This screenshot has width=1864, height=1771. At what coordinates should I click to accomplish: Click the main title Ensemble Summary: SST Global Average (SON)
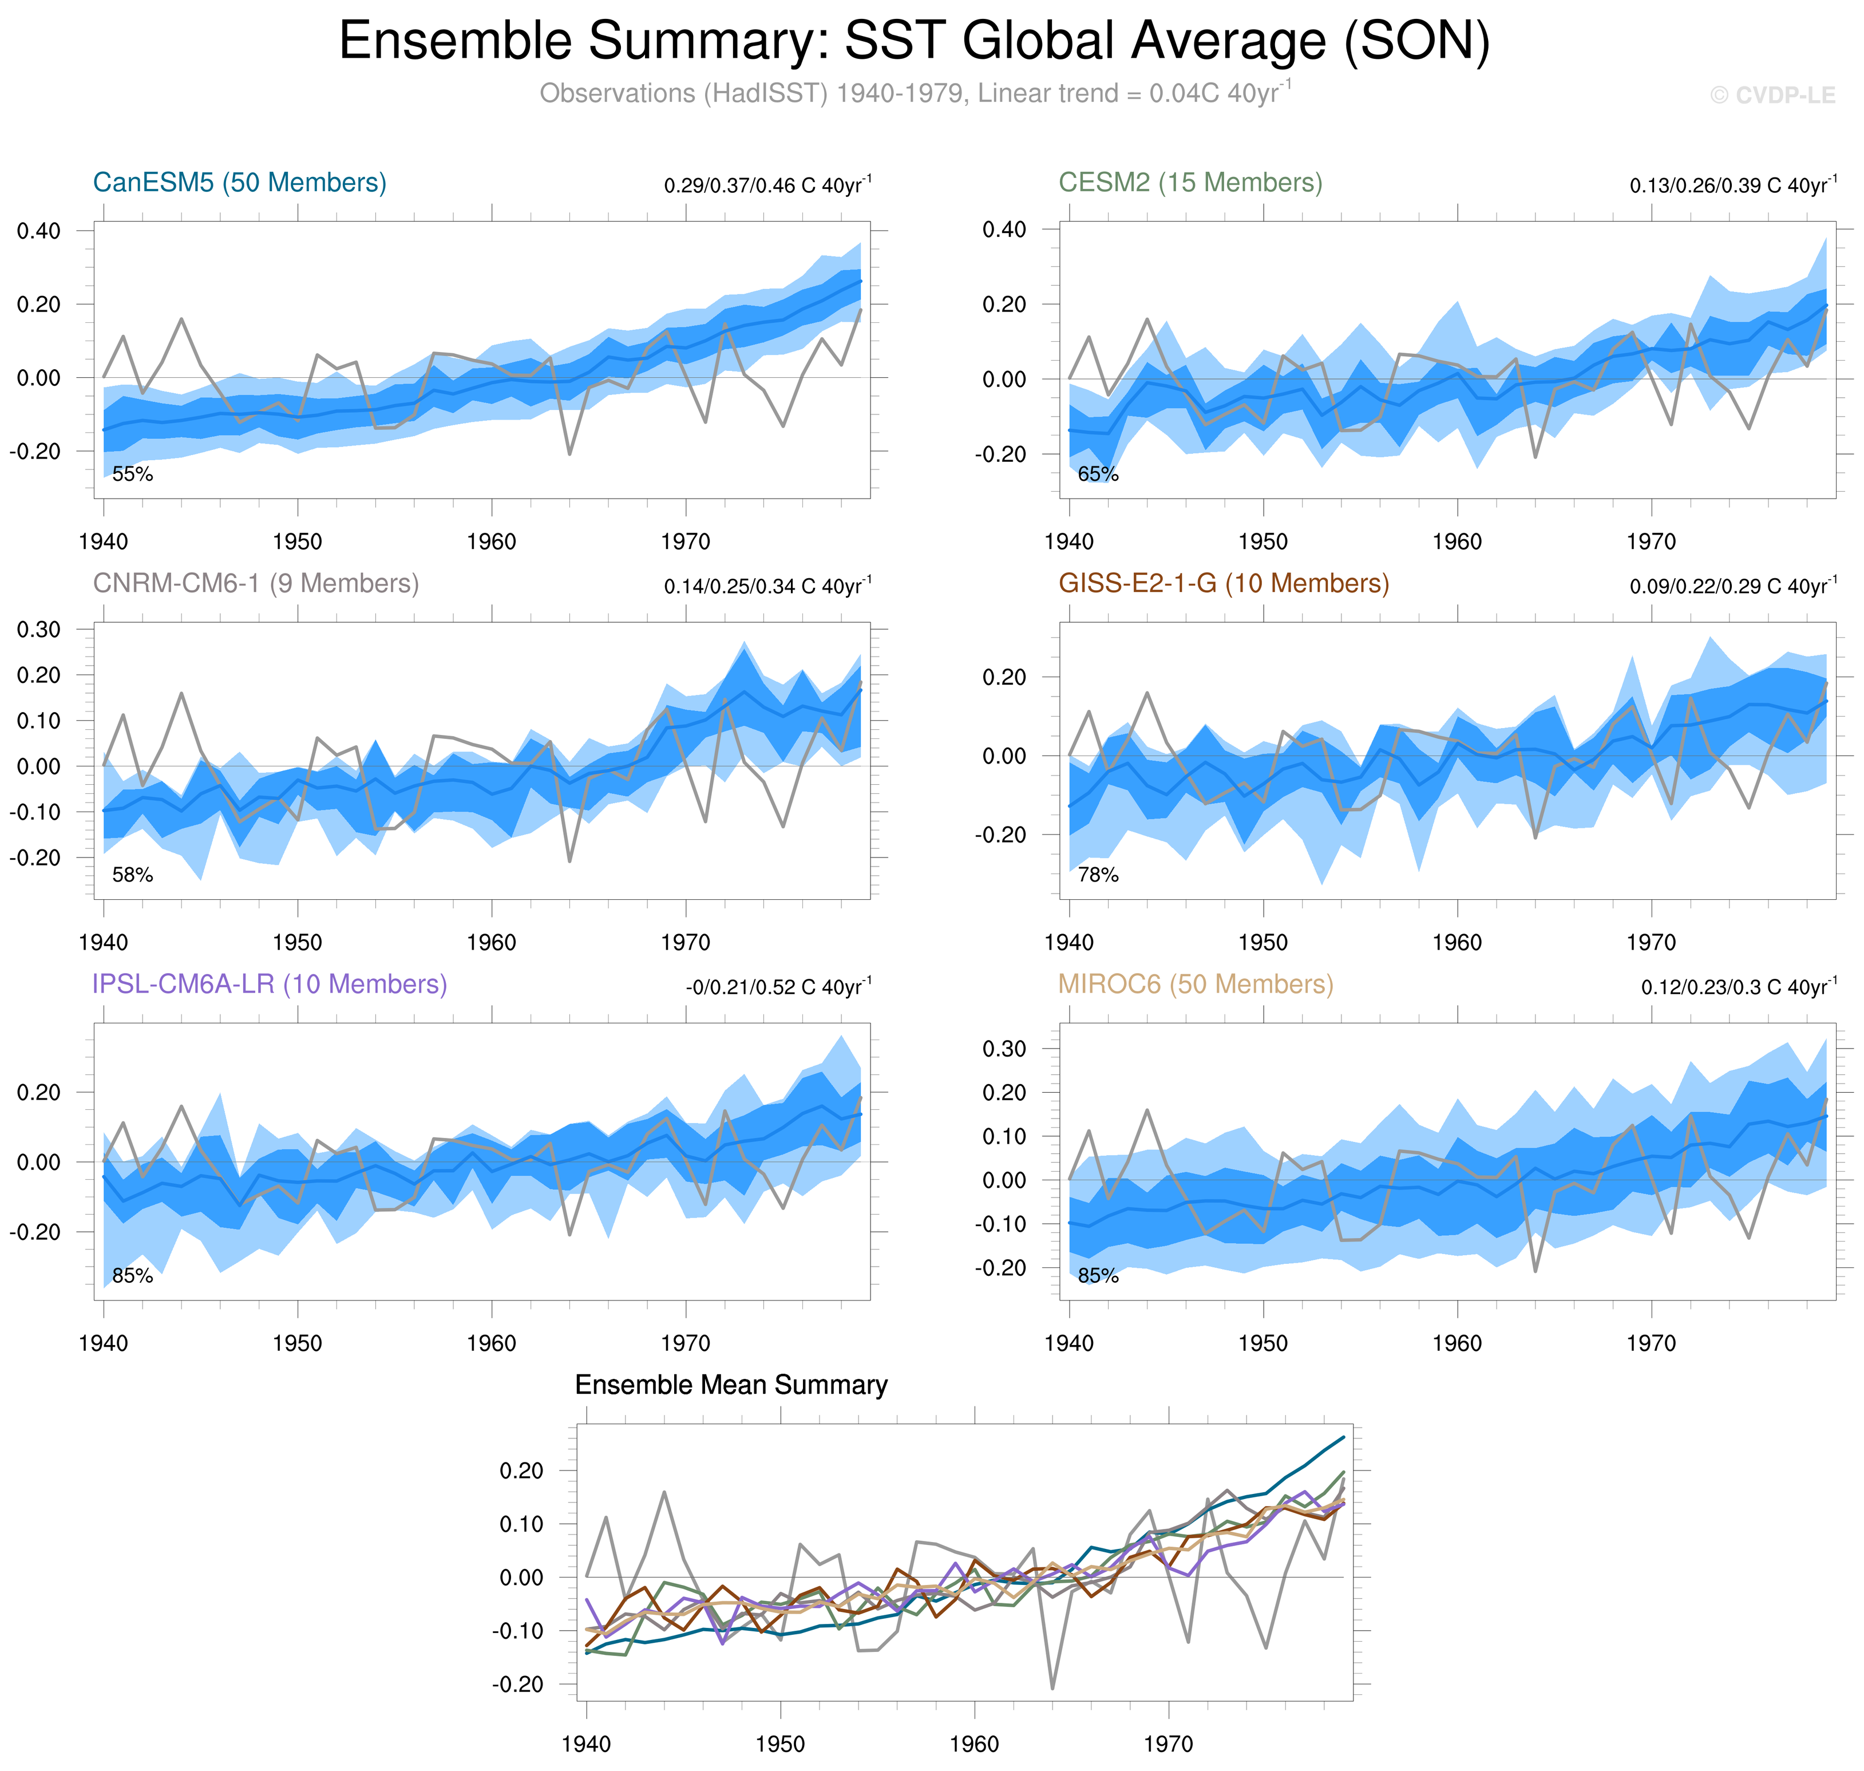pyautogui.click(x=913, y=42)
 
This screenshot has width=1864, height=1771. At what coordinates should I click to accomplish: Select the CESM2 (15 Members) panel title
pyautogui.click(x=1190, y=182)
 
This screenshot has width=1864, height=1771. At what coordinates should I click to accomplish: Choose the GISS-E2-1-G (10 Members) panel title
pyautogui.click(x=1223, y=583)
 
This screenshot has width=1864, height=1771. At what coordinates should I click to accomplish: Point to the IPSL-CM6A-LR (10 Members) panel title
pyautogui.click(x=269, y=984)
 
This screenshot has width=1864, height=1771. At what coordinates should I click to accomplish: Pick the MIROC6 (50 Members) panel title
pyautogui.click(x=1195, y=984)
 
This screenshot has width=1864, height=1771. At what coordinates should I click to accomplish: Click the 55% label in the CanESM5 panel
pyautogui.click(x=132, y=474)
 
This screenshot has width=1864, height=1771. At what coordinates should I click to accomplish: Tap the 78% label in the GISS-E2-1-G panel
pyautogui.click(x=1098, y=875)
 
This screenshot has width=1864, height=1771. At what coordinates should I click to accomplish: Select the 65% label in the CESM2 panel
pyautogui.click(x=1098, y=474)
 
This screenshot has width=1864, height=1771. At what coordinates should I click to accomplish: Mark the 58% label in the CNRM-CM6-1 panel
pyautogui.click(x=132, y=875)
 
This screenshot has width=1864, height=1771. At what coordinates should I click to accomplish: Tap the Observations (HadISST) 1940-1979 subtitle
pyautogui.click(x=913, y=93)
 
